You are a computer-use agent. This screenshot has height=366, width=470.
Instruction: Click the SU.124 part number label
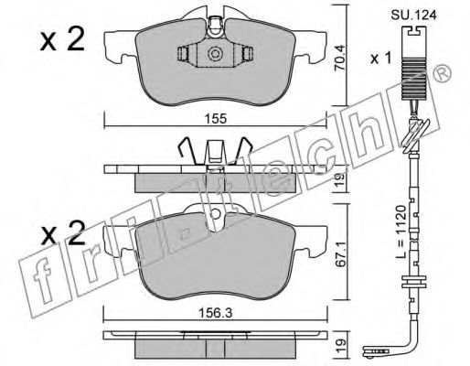coord(413,15)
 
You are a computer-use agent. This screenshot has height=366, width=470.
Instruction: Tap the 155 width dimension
coord(216,119)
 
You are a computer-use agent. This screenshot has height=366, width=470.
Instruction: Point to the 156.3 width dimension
coord(216,313)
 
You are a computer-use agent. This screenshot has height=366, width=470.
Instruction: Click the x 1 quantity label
coord(380,59)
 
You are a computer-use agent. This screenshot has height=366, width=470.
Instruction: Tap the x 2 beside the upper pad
coord(62,39)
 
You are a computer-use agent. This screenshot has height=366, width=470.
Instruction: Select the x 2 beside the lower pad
coord(63,233)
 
